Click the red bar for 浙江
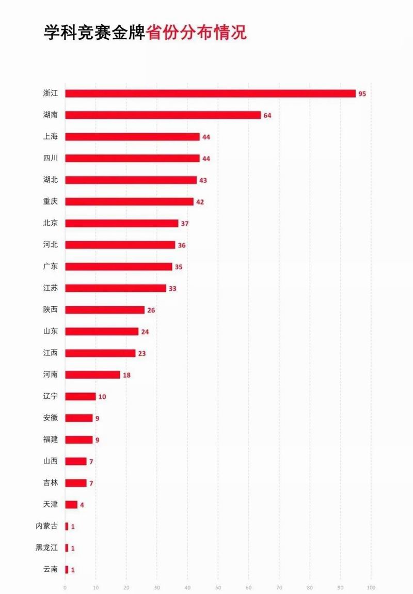click(210, 93)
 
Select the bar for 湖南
click(163, 115)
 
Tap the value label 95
click(362, 94)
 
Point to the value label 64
click(267, 116)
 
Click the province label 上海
click(51, 137)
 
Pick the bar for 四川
click(132, 159)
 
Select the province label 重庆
click(51, 201)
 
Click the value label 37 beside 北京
click(184, 224)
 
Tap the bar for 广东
click(118, 267)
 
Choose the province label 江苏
click(51, 288)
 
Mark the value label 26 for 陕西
click(151, 310)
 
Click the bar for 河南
click(92, 374)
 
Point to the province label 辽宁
click(51, 397)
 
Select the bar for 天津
click(71, 505)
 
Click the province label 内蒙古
click(47, 526)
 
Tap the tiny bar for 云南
click(67, 570)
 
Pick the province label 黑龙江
click(47, 548)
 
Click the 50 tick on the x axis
click(218, 588)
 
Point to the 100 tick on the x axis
click(371, 588)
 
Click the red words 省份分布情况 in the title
click(197, 33)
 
